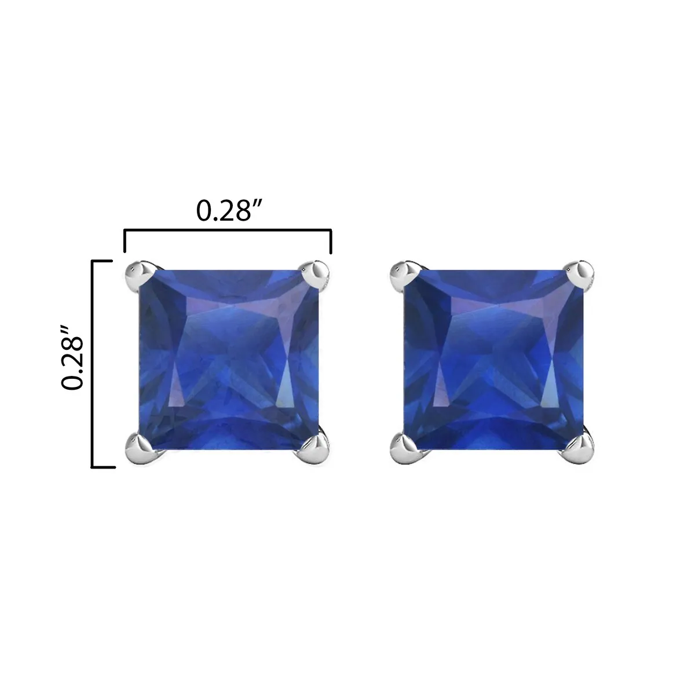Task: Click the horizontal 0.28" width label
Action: [226, 211]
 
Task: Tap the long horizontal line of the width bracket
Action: [227, 231]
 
